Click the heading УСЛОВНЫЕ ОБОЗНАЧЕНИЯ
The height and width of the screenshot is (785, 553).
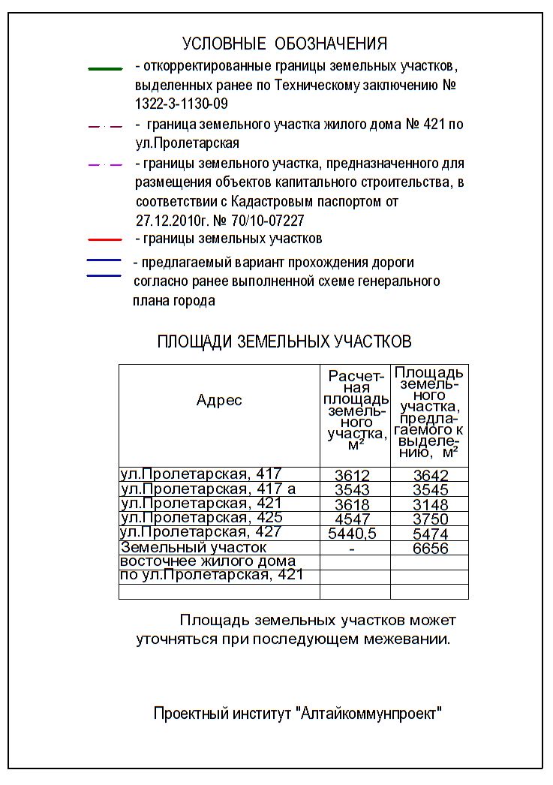tap(284, 44)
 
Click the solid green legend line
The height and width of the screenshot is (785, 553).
tap(105, 68)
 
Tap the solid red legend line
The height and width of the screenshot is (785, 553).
tap(104, 240)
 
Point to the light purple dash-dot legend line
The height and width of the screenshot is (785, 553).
tap(104, 164)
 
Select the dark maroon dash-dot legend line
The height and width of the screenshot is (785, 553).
tap(104, 126)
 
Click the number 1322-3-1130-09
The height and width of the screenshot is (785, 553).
tap(182, 104)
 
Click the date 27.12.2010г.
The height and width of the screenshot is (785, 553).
tap(171, 221)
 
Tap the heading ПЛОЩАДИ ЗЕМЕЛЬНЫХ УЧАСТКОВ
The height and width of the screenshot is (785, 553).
tap(284, 342)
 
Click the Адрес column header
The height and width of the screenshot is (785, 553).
tap(219, 400)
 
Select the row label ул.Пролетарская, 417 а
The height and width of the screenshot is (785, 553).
tap(208, 489)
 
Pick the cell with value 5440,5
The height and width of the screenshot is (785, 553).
tap(352, 534)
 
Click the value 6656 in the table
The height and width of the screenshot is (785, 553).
tap(431, 549)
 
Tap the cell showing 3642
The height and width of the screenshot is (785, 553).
tap(431, 476)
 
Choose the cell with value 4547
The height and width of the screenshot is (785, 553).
tap(352, 519)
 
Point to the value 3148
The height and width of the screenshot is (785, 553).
tap(431, 504)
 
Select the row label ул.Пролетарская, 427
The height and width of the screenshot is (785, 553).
tap(201, 532)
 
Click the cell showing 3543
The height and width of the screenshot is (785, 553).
tap(352, 490)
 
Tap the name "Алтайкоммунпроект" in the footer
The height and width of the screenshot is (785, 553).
tap(371, 714)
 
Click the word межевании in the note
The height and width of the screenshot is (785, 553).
tap(412, 640)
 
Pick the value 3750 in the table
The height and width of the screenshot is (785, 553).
tap(431, 519)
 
